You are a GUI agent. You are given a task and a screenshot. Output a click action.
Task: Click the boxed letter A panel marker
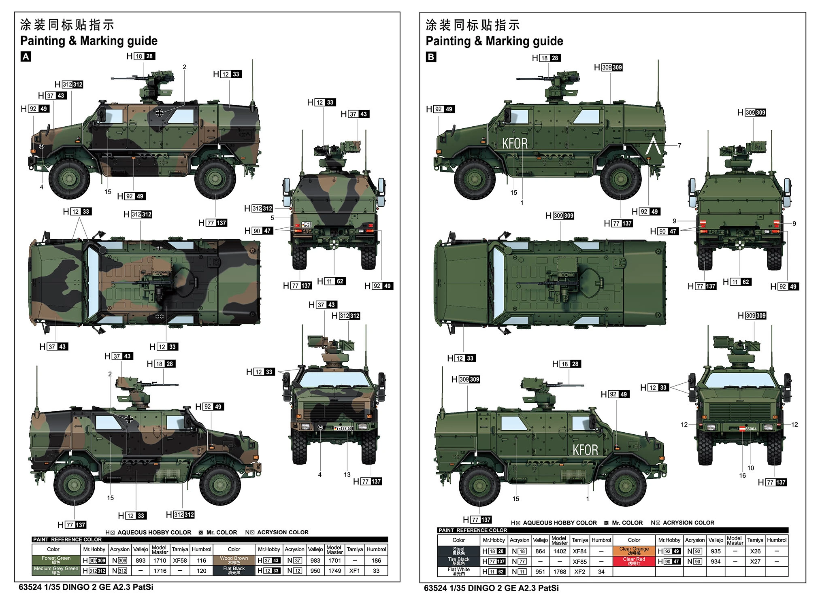[26, 57]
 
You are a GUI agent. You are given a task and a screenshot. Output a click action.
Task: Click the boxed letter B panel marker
[431, 57]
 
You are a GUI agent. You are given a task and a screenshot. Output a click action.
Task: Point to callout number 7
[679, 145]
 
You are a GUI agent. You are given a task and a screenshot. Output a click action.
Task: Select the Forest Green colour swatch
[56, 560]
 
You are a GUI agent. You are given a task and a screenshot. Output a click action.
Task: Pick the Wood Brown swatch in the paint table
[234, 560]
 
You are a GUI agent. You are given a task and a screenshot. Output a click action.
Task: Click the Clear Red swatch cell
[634, 561]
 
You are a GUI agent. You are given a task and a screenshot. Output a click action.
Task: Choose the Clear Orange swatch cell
[634, 551]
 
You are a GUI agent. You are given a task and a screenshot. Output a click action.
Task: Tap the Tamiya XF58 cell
[180, 561]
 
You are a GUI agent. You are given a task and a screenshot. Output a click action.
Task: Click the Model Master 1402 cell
[560, 551]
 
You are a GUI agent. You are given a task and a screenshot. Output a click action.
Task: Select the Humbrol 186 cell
[376, 561]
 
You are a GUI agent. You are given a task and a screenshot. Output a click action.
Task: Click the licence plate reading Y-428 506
[343, 428]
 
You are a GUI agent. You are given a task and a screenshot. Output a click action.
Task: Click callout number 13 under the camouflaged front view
[347, 474]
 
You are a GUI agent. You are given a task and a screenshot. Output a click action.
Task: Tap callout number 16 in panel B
[742, 476]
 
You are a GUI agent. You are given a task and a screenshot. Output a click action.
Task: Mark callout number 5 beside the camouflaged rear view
[272, 218]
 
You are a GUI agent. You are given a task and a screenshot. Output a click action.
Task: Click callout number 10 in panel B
[750, 468]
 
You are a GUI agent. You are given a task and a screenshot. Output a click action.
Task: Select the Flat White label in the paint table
[458, 571]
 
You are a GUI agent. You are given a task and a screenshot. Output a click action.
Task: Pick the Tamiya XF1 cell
[354, 571]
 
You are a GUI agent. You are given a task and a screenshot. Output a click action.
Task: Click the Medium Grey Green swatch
[56, 570]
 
